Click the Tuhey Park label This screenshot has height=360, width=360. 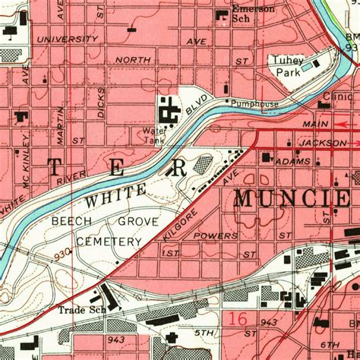pos(288,67)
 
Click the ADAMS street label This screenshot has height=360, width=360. pos(294,162)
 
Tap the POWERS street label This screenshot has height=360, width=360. pos(216,236)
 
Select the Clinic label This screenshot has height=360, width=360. pos(337,97)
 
